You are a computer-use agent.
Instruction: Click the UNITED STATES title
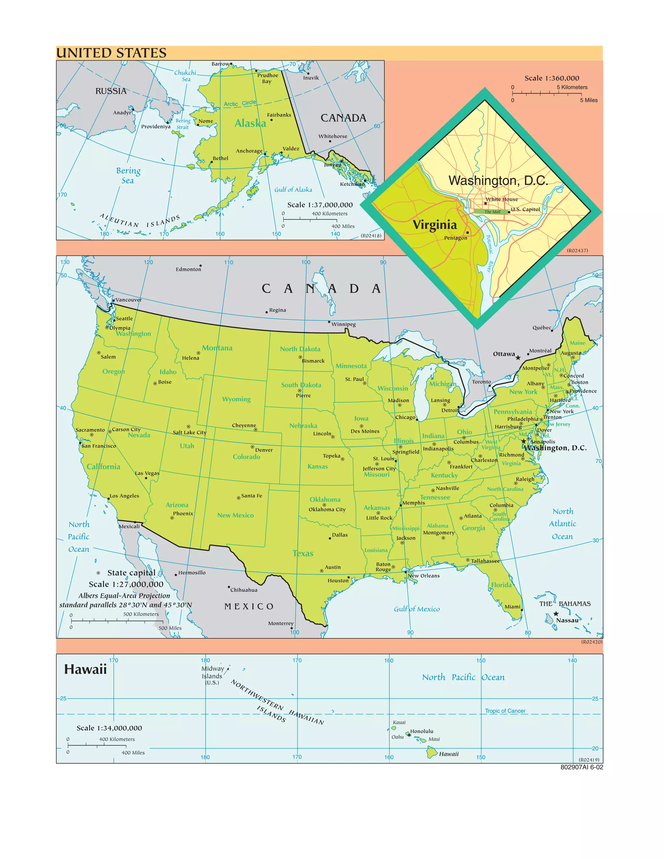coord(111,53)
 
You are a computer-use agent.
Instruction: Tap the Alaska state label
coord(250,124)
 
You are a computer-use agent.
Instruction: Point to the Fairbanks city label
coord(279,115)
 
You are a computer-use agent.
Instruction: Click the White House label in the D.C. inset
coord(502,199)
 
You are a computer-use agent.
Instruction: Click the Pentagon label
coord(456,238)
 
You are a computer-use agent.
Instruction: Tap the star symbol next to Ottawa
coord(518,358)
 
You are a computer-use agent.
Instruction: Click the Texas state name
coord(303,553)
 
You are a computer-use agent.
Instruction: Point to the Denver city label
coord(264,450)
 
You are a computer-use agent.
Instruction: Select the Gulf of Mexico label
coord(417,609)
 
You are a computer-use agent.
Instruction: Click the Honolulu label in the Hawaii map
coord(422,732)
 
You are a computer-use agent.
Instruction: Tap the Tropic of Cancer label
coord(505,711)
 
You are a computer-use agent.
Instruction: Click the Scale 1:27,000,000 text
coord(126,584)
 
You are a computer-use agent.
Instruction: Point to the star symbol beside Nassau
coord(556,614)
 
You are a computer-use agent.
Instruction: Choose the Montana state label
coord(217,348)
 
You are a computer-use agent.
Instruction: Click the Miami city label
coord(512,607)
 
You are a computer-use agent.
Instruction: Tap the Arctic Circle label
coord(240,103)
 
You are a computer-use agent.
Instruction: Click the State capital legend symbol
coord(98,573)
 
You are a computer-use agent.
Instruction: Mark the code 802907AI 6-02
coord(581,767)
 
